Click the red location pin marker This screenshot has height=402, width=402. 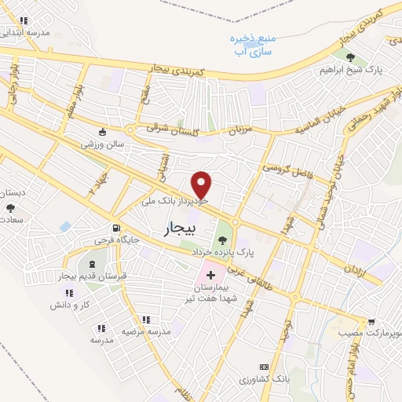coord(202,184)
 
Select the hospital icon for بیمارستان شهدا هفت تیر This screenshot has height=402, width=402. coord(210,275)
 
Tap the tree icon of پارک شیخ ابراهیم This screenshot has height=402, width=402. coord(350,57)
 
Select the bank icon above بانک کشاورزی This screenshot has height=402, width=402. coord(263,367)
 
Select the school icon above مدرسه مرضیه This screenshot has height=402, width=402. coord(146,320)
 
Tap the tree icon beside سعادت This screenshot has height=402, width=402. coord(11,208)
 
